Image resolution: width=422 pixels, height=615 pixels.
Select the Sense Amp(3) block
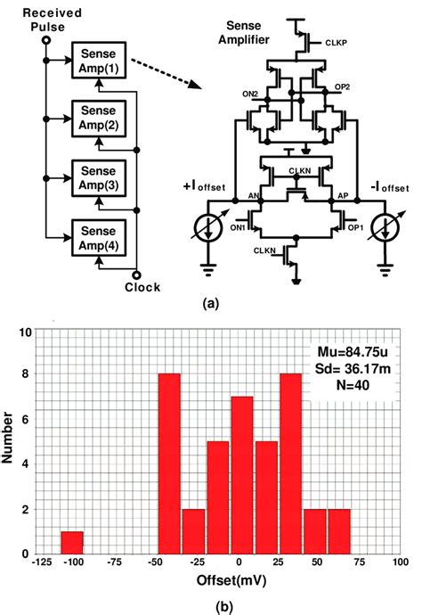[x=99, y=175]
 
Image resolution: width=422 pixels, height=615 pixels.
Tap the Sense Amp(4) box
[x=99, y=233]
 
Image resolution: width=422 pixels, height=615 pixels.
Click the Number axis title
[x=10, y=442]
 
